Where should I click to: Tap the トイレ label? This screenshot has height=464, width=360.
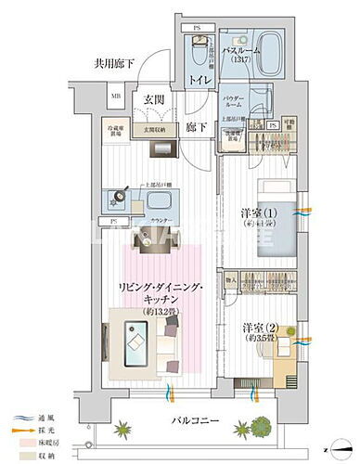[x=199, y=83]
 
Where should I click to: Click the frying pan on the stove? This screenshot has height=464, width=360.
[x=122, y=198]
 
